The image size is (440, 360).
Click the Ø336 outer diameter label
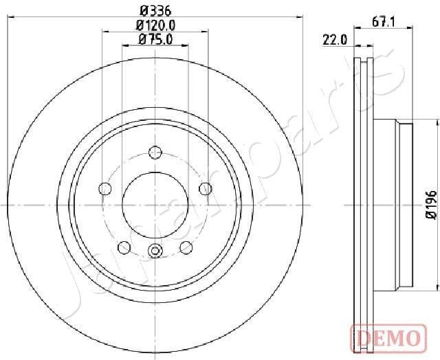155,10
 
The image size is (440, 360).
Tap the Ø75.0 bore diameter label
155,39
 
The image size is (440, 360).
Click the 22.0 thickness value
335,40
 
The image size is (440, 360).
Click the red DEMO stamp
386,337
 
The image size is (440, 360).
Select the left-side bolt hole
105,188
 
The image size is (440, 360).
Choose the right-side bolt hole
205,188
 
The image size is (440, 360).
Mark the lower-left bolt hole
124,247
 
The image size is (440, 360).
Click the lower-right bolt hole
186,247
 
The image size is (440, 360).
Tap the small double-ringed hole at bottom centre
155,251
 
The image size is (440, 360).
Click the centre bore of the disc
155,204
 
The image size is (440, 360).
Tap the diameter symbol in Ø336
143,10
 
